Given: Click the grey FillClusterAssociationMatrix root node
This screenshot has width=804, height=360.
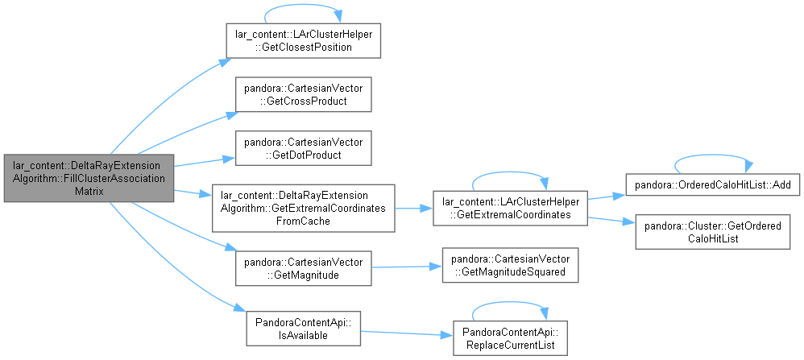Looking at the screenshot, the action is click(x=89, y=178).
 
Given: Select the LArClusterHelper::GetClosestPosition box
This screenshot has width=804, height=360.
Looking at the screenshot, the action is click(x=303, y=40).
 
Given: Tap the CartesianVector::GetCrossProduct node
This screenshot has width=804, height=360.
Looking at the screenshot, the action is click(x=303, y=94).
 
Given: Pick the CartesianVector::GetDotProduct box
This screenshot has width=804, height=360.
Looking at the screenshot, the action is click(x=303, y=147).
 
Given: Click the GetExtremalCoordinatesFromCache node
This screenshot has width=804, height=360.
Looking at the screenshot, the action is click(x=303, y=209).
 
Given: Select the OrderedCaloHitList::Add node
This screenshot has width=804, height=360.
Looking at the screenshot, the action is click(x=713, y=184).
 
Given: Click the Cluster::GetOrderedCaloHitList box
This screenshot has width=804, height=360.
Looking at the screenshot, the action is click(x=713, y=232).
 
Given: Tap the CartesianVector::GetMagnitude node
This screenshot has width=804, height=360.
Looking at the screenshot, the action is click(x=303, y=268).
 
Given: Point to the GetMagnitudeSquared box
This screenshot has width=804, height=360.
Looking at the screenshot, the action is click(x=510, y=265).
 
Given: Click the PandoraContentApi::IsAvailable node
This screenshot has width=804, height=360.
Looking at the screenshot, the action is click(x=303, y=329).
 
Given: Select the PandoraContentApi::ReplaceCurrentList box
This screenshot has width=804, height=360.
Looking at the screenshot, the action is click(x=510, y=338).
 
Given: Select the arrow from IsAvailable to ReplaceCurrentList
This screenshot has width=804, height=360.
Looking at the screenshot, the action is click(x=407, y=333).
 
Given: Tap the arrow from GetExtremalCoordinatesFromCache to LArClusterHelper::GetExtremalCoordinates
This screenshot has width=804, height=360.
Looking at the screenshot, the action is click(x=414, y=209).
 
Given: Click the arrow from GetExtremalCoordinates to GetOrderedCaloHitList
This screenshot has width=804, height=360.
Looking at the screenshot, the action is click(x=611, y=221).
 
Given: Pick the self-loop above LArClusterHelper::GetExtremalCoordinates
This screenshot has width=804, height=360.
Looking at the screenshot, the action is click(x=510, y=173).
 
